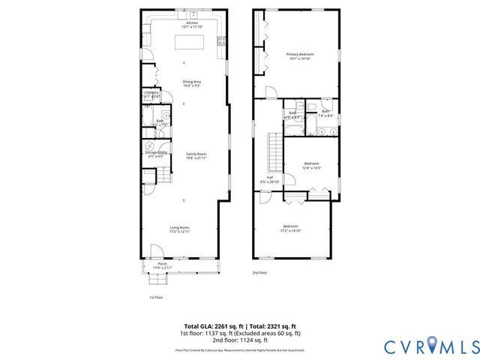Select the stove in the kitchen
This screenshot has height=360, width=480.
tap(220, 40)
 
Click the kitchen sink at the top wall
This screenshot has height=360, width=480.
tap(193, 14)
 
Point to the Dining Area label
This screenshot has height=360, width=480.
tap(192, 83)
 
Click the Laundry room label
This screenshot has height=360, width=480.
tap(152, 94)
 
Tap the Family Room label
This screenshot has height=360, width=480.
tap(196, 156)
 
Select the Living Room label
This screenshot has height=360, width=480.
tap(179, 229)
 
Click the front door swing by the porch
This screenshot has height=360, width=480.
tap(155, 253)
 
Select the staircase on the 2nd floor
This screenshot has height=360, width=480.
tap(275, 150)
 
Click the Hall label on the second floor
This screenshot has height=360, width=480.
tap(269, 180)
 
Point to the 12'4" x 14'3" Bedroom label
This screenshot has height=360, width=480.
tap(311, 166)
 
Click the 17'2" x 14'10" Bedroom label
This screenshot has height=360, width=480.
tap(290, 229)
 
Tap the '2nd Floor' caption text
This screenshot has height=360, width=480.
tap(259, 272)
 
